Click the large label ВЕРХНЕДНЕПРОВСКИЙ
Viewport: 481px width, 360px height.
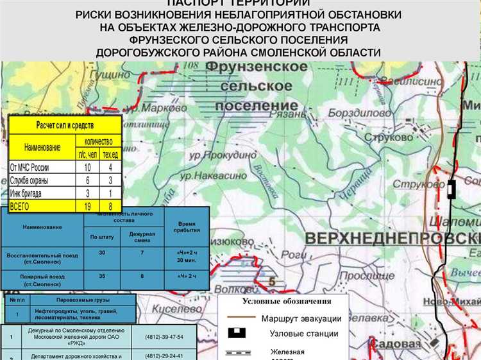pos(391,238)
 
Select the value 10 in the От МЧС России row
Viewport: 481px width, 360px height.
pos(87,167)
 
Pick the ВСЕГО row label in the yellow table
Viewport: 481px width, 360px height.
pos(25,205)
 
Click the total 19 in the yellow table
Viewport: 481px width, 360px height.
pos(87,205)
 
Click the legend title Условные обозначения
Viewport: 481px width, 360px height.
pos(287,301)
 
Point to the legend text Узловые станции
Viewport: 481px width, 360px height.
pos(303,334)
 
